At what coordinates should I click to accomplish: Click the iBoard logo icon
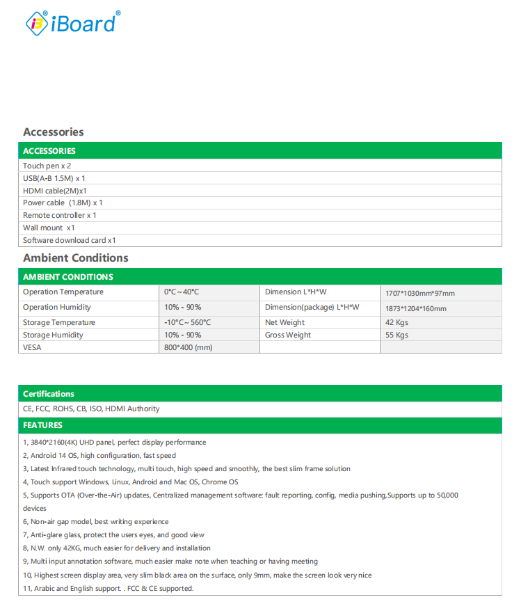click(37, 24)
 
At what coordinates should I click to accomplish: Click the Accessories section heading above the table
click(54, 132)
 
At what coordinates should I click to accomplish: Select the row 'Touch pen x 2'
click(47, 166)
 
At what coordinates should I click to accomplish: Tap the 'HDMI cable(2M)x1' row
click(55, 191)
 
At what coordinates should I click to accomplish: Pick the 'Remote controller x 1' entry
click(60, 215)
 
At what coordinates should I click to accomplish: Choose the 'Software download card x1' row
click(70, 240)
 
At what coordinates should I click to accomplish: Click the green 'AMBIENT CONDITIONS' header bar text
click(68, 277)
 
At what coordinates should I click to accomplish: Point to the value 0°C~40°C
click(182, 292)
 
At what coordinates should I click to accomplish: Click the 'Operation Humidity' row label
click(57, 308)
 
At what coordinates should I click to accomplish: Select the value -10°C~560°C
click(187, 323)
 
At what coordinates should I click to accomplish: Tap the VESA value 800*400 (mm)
click(189, 347)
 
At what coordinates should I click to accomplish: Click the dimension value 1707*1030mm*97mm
click(420, 294)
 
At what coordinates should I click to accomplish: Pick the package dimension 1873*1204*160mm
click(416, 309)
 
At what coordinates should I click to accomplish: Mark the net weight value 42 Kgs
click(397, 323)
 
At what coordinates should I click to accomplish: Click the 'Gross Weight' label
click(288, 335)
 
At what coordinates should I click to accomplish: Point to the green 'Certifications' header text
click(49, 394)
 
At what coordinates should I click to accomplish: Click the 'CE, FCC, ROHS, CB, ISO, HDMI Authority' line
click(91, 409)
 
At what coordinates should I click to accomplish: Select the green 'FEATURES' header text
click(43, 425)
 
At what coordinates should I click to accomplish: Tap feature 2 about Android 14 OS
click(99, 456)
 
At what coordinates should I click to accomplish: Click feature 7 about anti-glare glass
click(115, 535)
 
